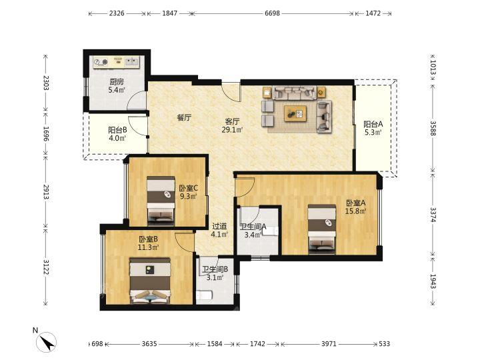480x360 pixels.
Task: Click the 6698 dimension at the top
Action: click(x=272, y=13)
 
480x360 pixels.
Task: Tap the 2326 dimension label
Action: click(x=117, y=13)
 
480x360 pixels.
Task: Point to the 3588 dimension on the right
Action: click(x=433, y=128)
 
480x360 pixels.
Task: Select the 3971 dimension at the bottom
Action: click(x=329, y=344)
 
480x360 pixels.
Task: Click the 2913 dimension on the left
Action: click(x=46, y=192)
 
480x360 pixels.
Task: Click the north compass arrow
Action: click(x=47, y=342)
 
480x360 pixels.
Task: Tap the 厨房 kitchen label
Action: click(x=117, y=82)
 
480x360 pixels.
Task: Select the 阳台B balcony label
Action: click(x=117, y=130)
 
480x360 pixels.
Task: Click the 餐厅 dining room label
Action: click(x=184, y=117)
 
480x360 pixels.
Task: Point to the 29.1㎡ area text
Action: click(x=232, y=130)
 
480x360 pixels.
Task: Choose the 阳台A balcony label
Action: click(x=373, y=124)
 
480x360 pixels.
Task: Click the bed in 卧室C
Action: click(x=161, y=201)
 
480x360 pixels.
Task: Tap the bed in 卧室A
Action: click(x=322, y=229)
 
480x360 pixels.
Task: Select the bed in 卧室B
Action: click(x=150, y=281)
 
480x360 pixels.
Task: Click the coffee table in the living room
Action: click(x=295, y=113)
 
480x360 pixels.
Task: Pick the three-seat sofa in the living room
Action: click(x=295, y=93)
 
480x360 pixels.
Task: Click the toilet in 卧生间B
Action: click(x=204, y=295)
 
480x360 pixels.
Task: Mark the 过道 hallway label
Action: click(x=219, y=227)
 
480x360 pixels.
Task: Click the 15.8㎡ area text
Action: click(x=356, y=211)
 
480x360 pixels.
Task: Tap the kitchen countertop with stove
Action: click(x=116, y=62)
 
